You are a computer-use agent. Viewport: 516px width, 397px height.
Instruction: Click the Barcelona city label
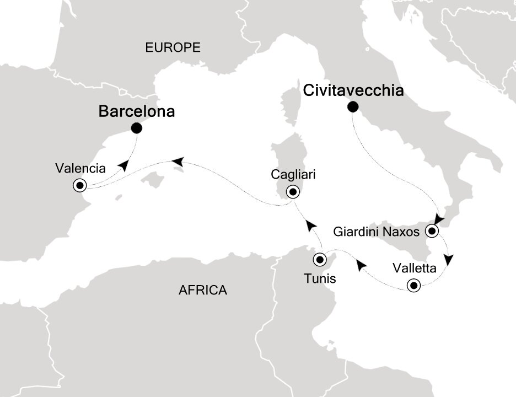136,112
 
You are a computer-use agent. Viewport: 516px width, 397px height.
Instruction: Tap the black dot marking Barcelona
137,128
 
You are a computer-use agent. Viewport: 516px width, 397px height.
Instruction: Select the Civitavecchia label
353,90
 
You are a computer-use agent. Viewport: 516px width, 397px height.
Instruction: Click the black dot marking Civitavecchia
352,107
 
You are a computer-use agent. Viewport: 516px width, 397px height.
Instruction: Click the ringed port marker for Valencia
80,185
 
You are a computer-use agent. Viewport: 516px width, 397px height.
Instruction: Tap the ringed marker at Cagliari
293,192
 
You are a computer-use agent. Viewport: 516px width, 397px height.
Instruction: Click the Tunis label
320,278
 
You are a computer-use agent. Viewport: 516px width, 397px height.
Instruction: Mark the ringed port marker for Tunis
320,259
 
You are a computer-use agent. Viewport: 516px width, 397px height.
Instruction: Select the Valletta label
415,269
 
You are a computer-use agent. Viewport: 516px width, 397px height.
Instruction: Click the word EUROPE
173,48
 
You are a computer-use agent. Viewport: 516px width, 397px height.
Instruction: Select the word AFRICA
203,290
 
